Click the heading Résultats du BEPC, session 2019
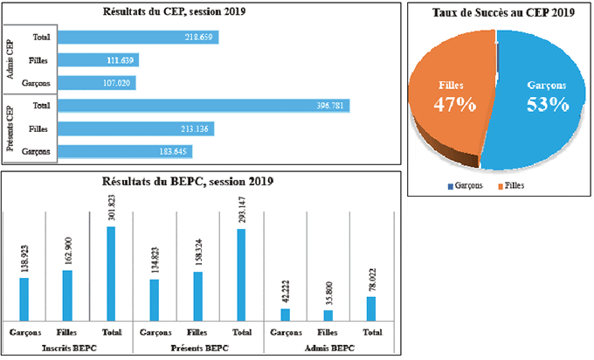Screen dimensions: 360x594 pyautogui.click(x=201, y=182)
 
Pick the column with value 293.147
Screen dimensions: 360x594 pyautogui.click(x=241, y=274)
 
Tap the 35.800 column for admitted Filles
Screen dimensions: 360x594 pyautogui.click(x=328, y=315)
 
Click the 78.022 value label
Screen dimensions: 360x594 pyautogui.click(x=371, y=280)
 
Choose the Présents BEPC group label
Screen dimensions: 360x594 pyautogui.click(x=198, y=348)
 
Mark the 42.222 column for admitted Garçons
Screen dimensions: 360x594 pyautogui.click(x=285, y=315)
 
